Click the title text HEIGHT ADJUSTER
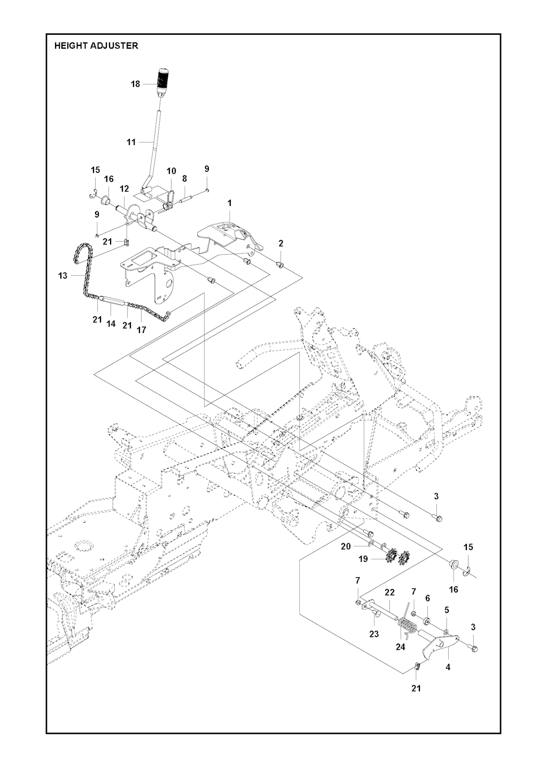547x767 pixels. pos(96,46)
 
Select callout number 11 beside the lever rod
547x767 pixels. pos(131,142)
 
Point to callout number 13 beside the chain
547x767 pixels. pos(63,276)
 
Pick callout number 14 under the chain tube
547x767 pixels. pos(111,324)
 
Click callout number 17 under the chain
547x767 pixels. pos(142,330)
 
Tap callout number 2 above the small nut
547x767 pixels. pos(281,243)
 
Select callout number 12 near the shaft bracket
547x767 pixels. pos(124,188)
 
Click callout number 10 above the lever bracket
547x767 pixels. pos(171,171)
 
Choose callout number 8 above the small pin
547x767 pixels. pos(185,179)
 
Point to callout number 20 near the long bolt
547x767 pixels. pos(346,546)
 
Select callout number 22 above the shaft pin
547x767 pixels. pos(389,592)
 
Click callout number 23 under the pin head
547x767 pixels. pos(374,634)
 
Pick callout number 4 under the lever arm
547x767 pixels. pos(448,667)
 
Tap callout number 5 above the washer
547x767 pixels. pos(447,609)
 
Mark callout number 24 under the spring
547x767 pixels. pos(401,646)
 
